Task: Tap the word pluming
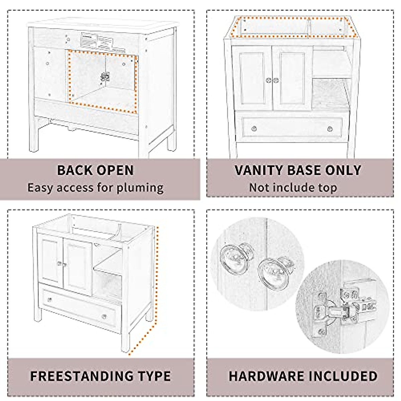click(x=140, y=187)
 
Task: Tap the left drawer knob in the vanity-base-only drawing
click(x=254, y=129)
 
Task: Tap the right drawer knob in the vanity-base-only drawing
click(x=330, y=129)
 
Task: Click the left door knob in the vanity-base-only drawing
click(x=268, y=80)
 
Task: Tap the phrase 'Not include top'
click(x=293, y=187)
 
